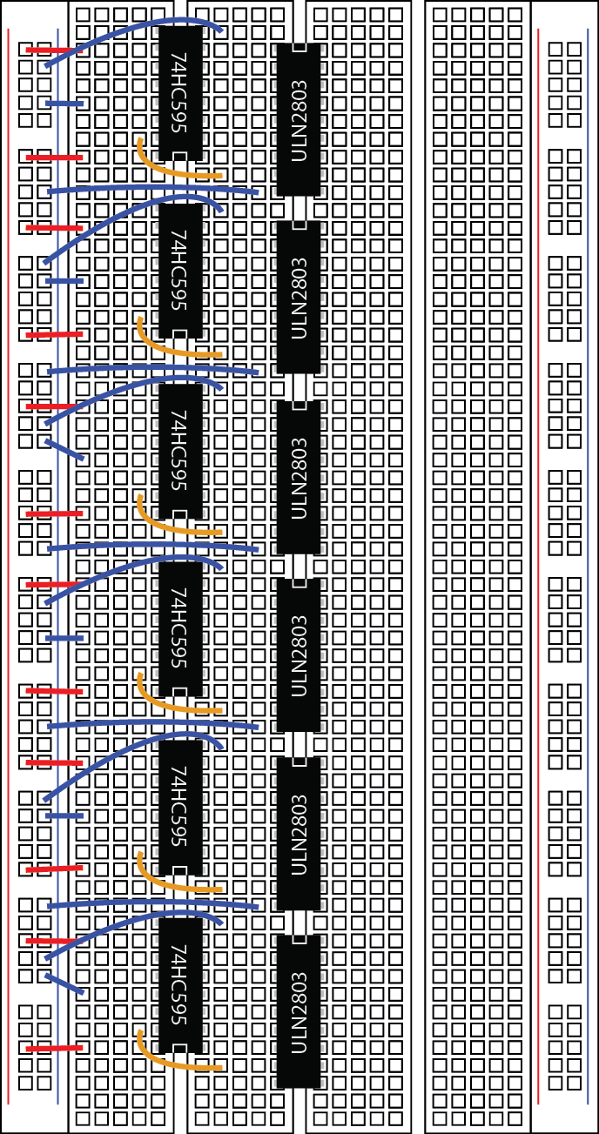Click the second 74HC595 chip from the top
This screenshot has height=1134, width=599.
(x=180, y=271)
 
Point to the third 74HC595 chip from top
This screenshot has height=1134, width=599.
(x=180, y=450)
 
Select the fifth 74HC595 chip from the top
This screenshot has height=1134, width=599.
(x=180, y=807)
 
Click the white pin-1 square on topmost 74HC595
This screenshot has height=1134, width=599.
(x=179, y=157)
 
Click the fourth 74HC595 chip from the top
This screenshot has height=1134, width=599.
(x=180, y=628)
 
